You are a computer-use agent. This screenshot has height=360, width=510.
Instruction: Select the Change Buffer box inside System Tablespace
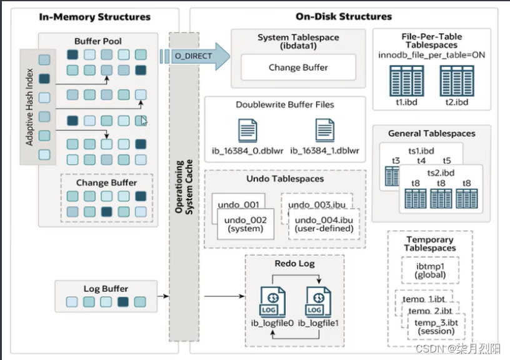[x=298, y=67]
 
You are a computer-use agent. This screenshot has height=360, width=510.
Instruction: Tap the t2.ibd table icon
[x=456, y=81]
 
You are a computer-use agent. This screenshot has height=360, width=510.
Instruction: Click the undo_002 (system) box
[x=246, y=224]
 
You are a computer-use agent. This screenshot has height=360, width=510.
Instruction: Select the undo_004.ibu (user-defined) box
[x=324, y=224]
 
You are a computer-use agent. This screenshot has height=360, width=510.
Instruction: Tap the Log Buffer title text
[x=106, y=289]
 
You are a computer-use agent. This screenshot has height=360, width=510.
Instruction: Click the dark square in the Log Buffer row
[x=122, y=302]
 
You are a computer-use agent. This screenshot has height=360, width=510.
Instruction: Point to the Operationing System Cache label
[x=184, y=187]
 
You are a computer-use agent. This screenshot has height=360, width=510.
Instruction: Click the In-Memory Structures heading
[x=95, y=17]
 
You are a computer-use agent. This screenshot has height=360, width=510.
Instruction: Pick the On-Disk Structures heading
[x=344, y=17]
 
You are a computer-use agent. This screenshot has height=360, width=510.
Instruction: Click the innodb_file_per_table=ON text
[x=432, y=55]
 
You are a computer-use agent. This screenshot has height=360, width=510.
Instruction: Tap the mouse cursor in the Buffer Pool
[x=144, y=121]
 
